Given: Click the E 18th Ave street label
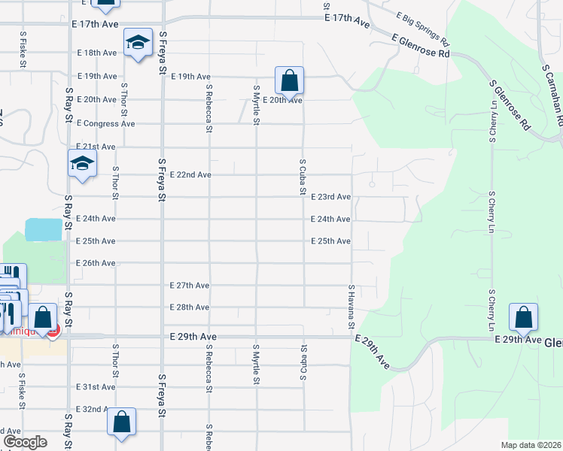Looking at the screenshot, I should coord(96,53).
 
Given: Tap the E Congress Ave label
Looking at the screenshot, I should coord(105,123).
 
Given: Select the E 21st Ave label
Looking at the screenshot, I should coord(96,147).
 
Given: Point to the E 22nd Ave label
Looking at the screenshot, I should coord(190,174).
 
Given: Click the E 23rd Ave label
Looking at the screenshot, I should coord(331,197).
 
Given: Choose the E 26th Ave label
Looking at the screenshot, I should coord(96,263).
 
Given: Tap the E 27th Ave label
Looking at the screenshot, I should coord(190,286).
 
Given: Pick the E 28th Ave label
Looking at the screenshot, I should coord(190,307).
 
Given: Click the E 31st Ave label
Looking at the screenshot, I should coord(96,386).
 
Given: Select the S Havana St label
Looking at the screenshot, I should coord(351,307).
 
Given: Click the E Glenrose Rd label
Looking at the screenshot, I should coord(421,45).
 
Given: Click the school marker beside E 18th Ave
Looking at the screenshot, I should coord(138,44).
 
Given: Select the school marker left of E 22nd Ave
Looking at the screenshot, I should coord(82,163).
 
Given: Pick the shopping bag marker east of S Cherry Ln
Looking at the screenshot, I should coord(523,318).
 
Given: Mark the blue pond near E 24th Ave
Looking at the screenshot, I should coord(44,229).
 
